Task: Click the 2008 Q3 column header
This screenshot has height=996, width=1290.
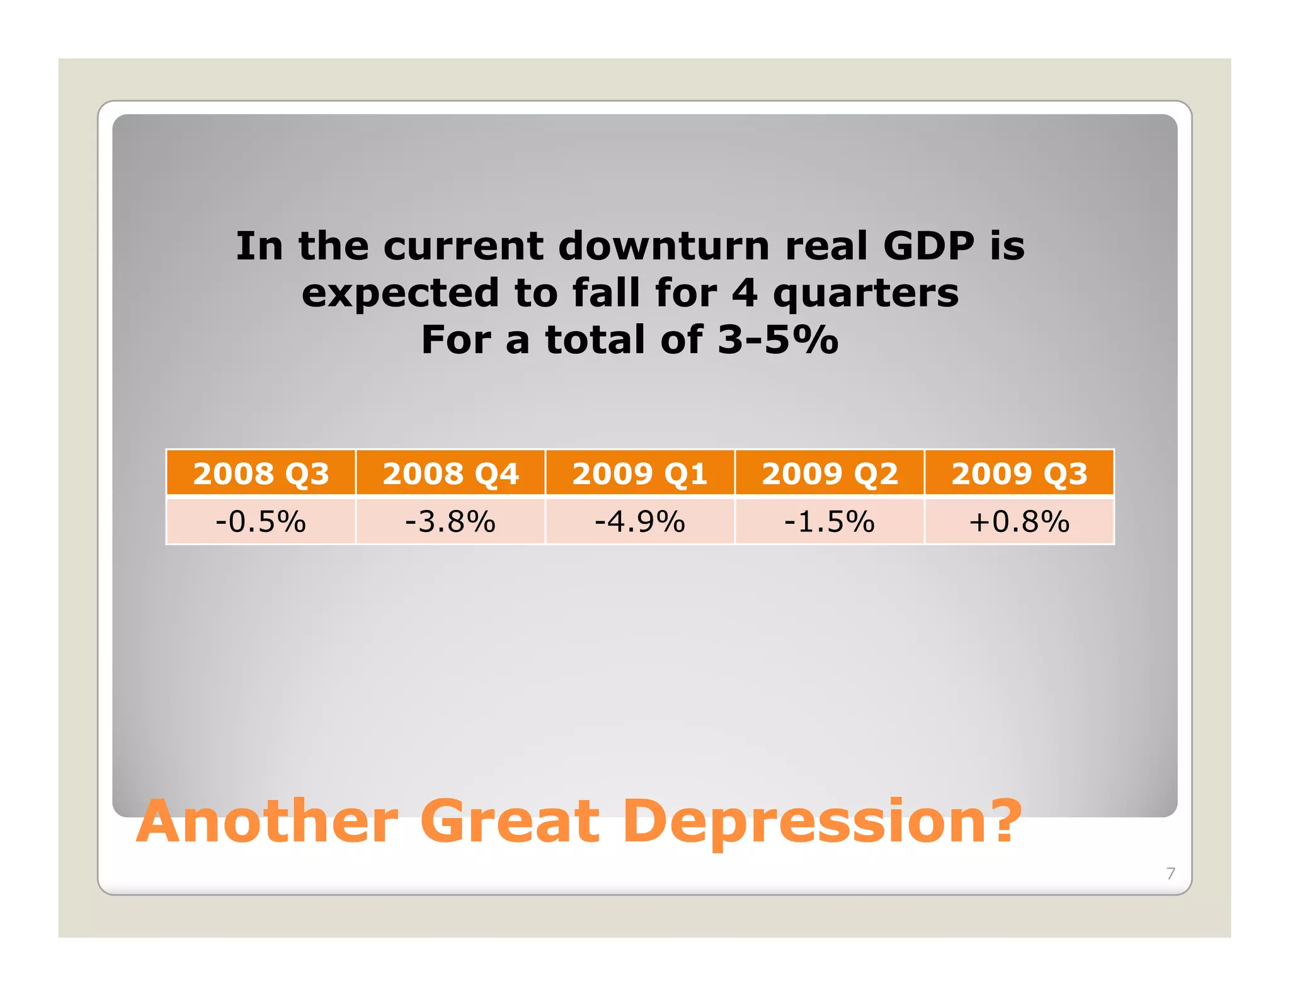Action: (261, 473)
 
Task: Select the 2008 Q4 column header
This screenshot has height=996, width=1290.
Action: (450, 473)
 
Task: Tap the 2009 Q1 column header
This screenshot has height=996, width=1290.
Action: (640, 473)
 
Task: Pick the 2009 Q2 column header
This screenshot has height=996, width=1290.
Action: (830, 473)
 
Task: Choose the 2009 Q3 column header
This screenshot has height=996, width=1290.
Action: (1019, 473)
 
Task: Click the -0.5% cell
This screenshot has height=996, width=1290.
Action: (261, 522)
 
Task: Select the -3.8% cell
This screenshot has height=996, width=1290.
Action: (450, 522)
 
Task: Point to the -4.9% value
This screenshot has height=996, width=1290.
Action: (640, 522)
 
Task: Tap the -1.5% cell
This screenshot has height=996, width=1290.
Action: (830, 522)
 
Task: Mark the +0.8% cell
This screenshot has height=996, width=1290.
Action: (1019, 522)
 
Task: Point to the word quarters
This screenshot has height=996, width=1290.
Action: (865, 294)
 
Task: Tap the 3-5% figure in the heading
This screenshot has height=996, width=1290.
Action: (778, 340)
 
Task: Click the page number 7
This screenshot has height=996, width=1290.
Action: (1170, 873)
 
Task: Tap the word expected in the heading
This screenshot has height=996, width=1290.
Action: (400, 294)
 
